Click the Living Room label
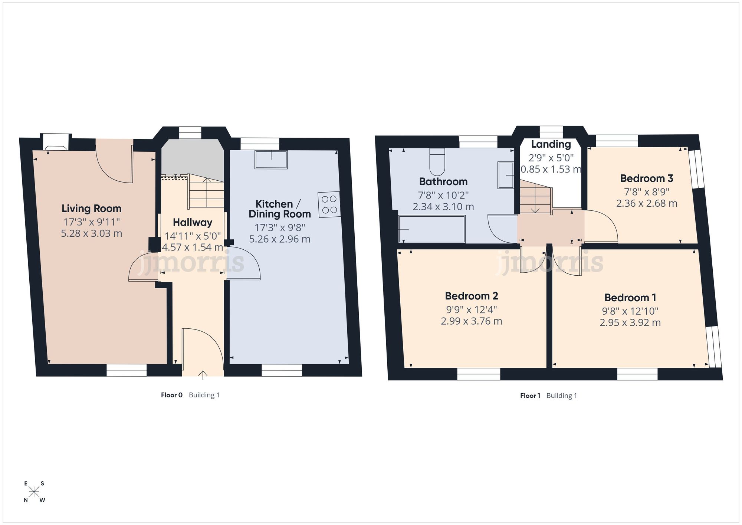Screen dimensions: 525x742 [x=91, y=209]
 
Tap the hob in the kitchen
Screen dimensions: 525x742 [x=329, y=204]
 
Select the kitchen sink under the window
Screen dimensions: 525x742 [x=271, y=160]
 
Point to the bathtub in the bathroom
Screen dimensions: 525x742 [x=431, y=229]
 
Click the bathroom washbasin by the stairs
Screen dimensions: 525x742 [x=506, y=175]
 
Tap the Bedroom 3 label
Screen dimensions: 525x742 [x=647, y=178]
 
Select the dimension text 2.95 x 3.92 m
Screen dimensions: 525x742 [x=630, y=323]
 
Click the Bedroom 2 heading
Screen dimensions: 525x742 [x=471, y=296]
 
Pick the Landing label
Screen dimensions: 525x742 [x=551, y=144]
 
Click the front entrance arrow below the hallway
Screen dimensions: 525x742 [x=203, y=375]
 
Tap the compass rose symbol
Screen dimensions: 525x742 [x=34, y=492]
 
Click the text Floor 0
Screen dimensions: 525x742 [x=171, y=395]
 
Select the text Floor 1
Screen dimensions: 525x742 [x=530, y=396]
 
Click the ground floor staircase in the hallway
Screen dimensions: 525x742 [x=206, y=193]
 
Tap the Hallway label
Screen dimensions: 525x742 [x=193, y=223]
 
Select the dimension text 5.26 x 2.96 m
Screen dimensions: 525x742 [x=279, y=239]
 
